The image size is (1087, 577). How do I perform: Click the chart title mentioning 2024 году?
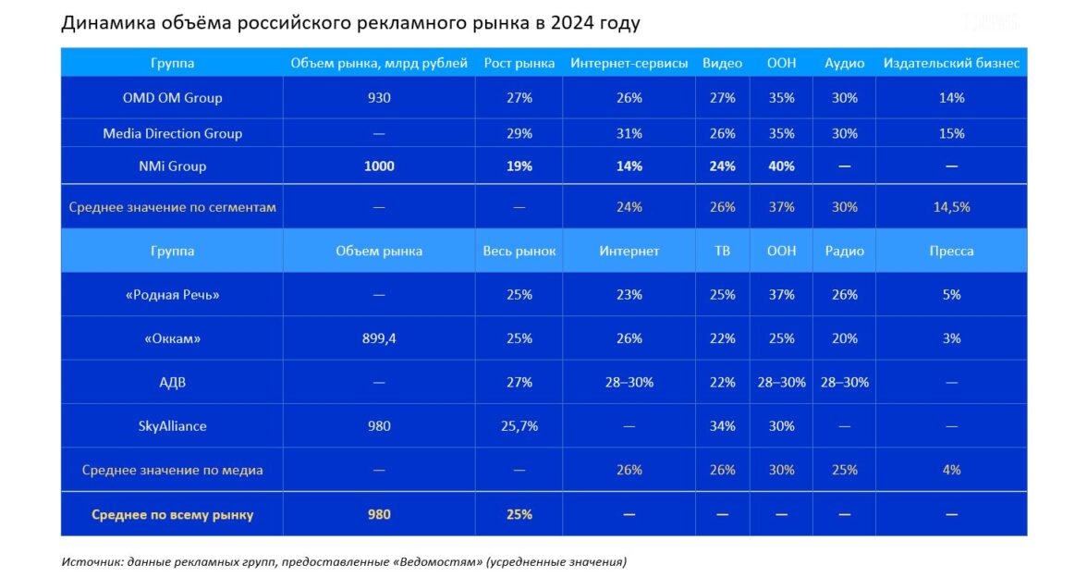click(350, 22)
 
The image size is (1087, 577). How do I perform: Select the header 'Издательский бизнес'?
click(951, 64)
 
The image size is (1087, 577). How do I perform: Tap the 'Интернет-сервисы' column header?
click(629, 64)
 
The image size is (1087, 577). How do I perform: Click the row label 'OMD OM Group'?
click(172, 97)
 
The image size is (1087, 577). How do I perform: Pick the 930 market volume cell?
click(379, 97)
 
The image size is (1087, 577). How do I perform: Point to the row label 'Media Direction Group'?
click(172, 133)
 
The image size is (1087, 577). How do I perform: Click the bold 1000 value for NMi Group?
click(379, 166)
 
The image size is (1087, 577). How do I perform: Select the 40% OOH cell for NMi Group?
click(781, 166)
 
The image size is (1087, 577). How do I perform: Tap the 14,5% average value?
click(951, 207)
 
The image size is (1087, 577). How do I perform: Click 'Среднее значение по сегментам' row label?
click(172, 207)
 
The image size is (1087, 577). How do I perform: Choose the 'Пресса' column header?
click(951, 251)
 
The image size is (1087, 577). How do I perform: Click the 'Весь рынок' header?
click(519, 251)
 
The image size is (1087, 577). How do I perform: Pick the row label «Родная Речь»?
click(172, 295)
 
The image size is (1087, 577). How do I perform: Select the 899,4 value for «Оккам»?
click(379, 338)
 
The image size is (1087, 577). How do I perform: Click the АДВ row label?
click(172, 382)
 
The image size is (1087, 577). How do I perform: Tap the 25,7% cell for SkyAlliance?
click(519, 426)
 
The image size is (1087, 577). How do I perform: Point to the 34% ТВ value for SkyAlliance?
click(722, 426)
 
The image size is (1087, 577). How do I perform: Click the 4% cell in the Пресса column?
click(951, 470)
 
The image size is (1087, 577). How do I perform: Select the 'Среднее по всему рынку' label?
click(172, 514)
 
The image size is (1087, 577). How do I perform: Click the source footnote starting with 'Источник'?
click(344, 561)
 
